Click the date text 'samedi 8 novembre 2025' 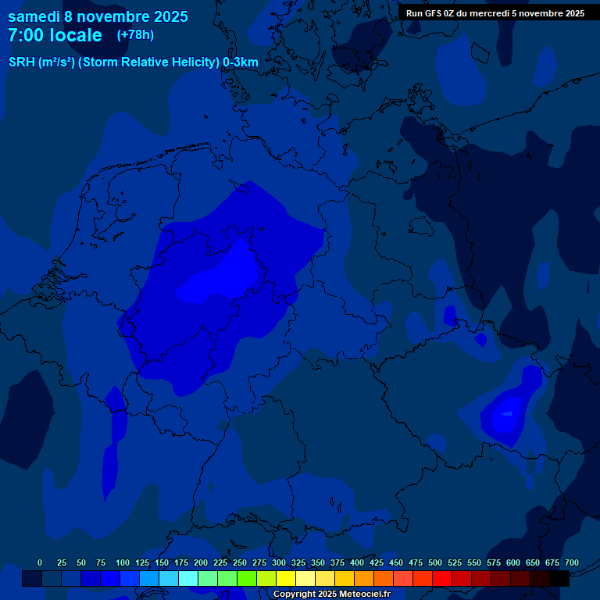point(98,16)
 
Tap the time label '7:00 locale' point(55,36)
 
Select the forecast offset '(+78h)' point(135,35)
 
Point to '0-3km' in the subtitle point(241,62)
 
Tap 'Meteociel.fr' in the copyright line point(359,595)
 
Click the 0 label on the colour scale point(40,562)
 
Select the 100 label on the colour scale point(123,562)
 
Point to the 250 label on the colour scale point(240,562)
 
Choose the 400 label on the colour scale point(357,562)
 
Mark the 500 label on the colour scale point(435,562)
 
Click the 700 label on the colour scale point(572,562)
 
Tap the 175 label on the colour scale point(181,562)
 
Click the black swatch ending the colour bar point(559,578)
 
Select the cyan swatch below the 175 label point(187,578)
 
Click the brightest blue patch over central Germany point(223,277)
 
